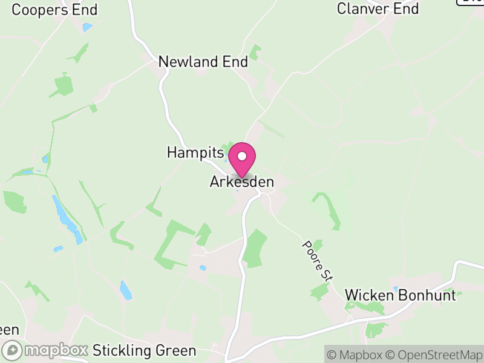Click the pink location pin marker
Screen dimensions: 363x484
pyautogui.click(x=242, y=160)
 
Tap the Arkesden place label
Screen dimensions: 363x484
pyautogui.click(x=242, y=181)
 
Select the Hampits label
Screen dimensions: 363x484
pyautogui.click(x=191, y=152)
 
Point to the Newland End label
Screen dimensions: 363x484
pyautogui.click(x=203, y=62)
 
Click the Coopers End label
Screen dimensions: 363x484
pyautogui.click(x=54, y=10)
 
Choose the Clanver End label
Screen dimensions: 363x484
pyautogui.click(x=378, y=9)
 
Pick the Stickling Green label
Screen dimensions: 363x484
pyautogui.click(x=145, y=351)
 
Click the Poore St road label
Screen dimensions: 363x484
pyautogui.click(x=318, y=260)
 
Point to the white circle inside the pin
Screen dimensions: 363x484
pyautogui.click(x=242, y=156)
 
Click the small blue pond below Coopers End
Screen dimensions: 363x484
pyautogui.click(x=88, y=27)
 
